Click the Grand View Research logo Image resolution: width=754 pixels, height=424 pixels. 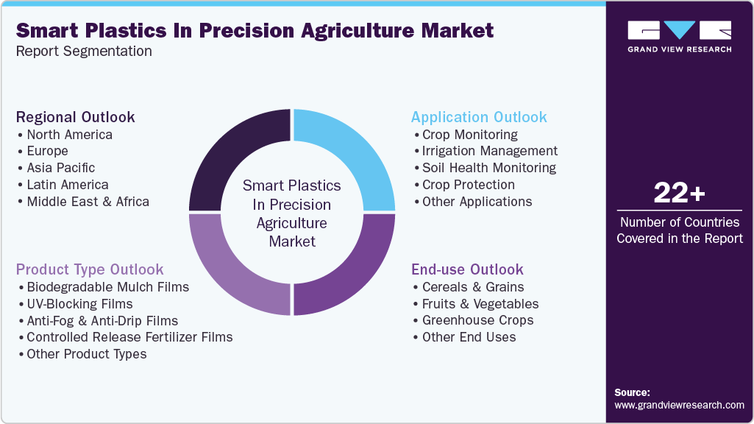679,37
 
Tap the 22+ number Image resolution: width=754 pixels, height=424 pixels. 679,194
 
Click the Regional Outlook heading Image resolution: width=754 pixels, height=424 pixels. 75,117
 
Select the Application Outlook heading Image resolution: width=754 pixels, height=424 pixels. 479,117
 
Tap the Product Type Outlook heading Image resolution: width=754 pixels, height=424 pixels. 90,269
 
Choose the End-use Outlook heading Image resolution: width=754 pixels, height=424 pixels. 467,269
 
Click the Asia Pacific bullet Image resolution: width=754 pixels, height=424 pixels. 60,168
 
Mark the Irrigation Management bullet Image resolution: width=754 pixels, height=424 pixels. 489,151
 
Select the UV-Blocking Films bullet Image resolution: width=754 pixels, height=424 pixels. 79,304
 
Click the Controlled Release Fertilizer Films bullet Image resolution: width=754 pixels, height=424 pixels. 129,337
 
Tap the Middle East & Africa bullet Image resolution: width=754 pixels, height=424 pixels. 88,202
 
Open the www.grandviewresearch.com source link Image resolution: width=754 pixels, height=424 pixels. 679,405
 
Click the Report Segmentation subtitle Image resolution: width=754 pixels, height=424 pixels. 84,52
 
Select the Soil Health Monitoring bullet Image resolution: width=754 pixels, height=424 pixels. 488,168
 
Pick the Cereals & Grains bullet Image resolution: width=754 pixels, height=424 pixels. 473,287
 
